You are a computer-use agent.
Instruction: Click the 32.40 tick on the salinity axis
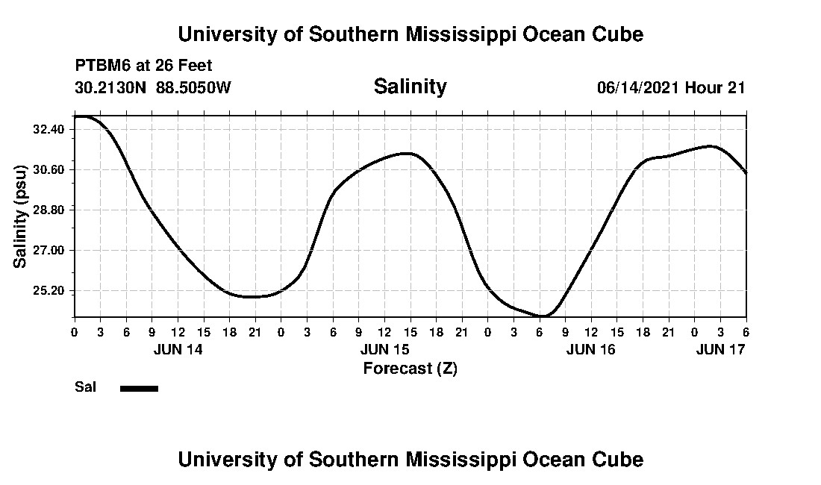click(49, 129)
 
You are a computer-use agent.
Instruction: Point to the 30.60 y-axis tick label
click(49, 169)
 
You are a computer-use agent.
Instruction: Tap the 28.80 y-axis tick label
click(49, 210)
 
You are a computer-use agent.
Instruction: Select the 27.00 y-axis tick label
click(49, 250)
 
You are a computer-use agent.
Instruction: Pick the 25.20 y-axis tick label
click(49, 290)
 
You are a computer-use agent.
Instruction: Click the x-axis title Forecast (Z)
click(410, 368)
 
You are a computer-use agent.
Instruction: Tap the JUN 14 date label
click(178, 348)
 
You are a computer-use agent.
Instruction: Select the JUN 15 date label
click(384, 348)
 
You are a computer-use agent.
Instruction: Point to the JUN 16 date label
click(591, 348)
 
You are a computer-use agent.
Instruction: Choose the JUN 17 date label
click(720, 348)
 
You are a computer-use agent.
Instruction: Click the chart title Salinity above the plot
click(410, 87)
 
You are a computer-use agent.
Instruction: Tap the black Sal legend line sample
click(139, 388)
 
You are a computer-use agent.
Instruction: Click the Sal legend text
click(84, 387)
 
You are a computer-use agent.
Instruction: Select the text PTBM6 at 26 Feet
click(143, 66)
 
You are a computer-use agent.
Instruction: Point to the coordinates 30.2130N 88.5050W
click(153, 88)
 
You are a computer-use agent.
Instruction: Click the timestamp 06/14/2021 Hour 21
click(671, 88)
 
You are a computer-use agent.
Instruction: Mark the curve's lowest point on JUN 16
click(543, 316)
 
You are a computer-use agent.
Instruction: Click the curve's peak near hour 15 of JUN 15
click(406, 153)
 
